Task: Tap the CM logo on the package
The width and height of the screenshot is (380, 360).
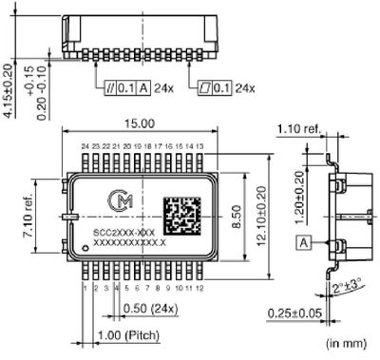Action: click(x=120, y=200)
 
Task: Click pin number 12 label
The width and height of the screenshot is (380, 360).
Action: click(x=200, y=288)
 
